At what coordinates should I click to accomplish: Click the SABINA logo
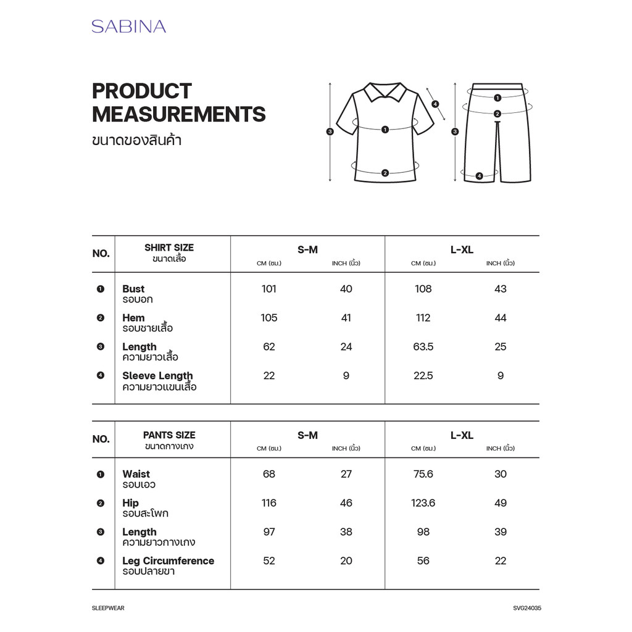click(128, 27)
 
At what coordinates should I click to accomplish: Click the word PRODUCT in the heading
click(142, 91)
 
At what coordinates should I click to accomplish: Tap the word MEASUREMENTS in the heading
click(178, 114)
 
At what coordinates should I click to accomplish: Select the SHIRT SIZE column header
click(169, 247)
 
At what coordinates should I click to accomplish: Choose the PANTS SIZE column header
click(169, 435)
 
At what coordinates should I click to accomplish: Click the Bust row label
click(133, 289)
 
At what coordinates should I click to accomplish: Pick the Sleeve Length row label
click(157, 376)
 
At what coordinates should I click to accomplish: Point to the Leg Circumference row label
click(168, 561)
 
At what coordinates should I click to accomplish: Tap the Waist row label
click(136, 474)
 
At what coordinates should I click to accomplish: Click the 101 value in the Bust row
click(269, 289)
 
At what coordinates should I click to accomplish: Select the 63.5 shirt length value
click(423, 347)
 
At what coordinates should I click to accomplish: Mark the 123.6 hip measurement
click(423, 503)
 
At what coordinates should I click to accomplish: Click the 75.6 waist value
click(423, 474)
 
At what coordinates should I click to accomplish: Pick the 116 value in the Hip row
click(269, 503)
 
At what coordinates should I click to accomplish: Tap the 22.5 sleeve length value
click(423, 376)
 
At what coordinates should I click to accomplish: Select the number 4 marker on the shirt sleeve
click(435, 104)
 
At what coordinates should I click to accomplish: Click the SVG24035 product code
click(526, 608)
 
